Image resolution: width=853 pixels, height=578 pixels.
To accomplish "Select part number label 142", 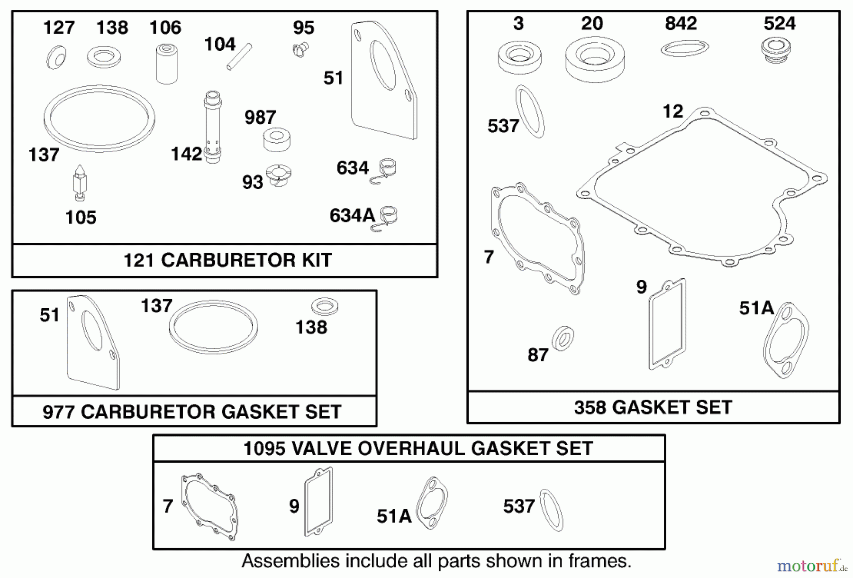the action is (x=186, y=154).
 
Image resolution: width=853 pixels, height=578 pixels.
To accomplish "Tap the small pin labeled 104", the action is (x=239, y=56).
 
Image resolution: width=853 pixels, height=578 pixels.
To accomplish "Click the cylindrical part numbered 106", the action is (x=167, y=64).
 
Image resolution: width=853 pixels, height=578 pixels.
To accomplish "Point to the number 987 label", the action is (x=260, y=117).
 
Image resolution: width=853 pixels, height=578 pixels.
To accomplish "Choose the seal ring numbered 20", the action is (x=595, y=58).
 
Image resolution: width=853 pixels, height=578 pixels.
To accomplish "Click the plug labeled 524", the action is (x=776, y=51).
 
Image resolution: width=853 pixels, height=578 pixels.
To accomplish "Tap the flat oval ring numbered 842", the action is (x=685, y=48).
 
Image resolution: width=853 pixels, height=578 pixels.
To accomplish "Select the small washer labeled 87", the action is (x=563, y=339).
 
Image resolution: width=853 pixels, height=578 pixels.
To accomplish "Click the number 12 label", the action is (x=673, y=111).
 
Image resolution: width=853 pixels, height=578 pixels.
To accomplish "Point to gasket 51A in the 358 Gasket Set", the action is (x=786, y=340).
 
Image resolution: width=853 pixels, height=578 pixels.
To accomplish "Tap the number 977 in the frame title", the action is (x=59, y=412).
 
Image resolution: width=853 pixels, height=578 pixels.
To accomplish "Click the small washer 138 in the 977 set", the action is (x=325, y=306).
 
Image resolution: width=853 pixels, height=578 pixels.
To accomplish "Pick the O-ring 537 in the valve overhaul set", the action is (x=552, y=510).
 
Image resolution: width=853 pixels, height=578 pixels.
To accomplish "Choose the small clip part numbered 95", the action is (x=300, y=49).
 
